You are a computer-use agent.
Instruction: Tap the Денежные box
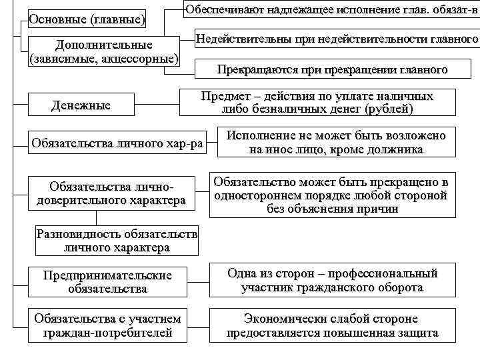coord(81,105)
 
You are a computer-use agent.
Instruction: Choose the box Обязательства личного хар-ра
coord(117,143)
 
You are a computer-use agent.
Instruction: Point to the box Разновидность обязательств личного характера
coord(117,241)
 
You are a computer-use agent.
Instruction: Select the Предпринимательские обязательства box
coord(107,282)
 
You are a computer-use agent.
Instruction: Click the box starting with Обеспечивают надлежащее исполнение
coord(331,11)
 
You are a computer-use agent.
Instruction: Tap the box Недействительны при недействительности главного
coord(337,40)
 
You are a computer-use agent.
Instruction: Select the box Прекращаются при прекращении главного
coord(333,69)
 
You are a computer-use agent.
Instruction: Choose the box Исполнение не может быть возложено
coord(336,143)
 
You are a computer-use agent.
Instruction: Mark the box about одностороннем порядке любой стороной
coord(332,196)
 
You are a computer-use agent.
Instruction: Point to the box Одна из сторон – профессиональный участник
coord(332,281)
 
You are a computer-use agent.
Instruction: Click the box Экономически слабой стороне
coord(332,325)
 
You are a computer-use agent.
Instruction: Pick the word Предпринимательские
coord(107,275)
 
